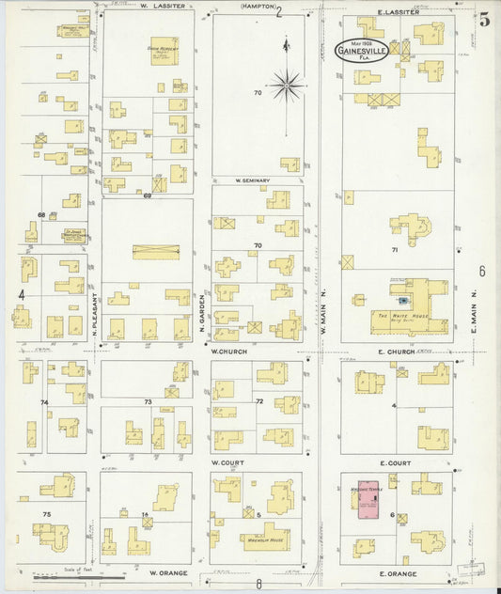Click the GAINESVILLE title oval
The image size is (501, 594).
(362, 50)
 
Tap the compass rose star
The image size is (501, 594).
(288, 86)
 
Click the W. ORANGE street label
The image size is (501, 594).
(166, 572)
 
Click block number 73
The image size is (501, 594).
(147, 401)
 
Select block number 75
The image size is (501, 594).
(46, 514)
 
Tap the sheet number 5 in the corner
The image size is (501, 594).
(483, 20)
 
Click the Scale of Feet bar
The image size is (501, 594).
(89, 576)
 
